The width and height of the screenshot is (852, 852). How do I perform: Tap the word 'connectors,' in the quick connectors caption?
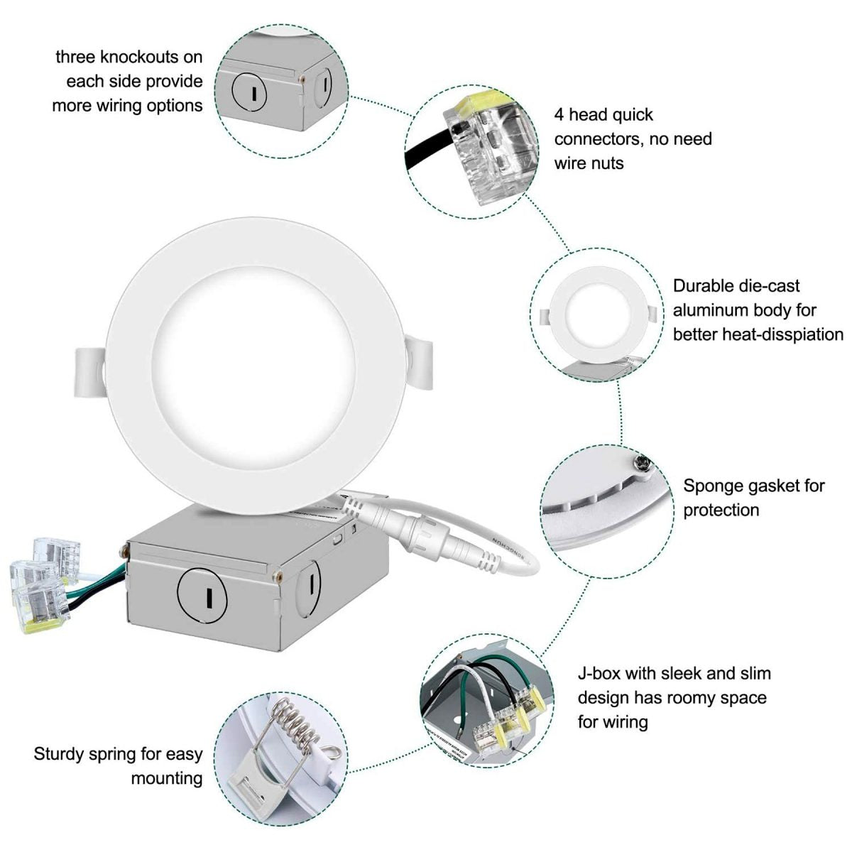click(x=596, y=139)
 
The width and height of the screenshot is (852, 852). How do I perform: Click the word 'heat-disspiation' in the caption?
click(x=758, y=334)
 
